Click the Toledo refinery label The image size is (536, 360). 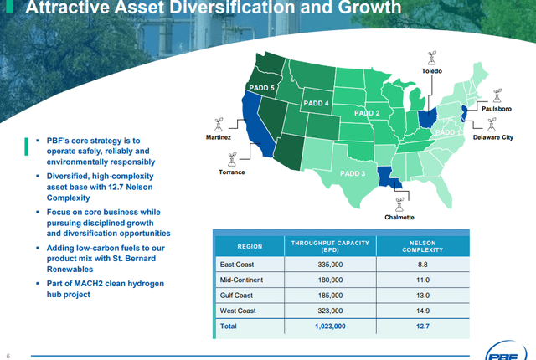[x=431, y=72]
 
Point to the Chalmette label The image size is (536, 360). [x=399, y=216]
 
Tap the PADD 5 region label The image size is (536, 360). [x=262, y=87]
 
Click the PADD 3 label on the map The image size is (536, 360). [x=353, y=173]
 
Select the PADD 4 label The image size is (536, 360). [x=316, y=103]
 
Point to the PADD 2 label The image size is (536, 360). [x=367, y=112]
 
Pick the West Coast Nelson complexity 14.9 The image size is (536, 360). [x=422, y=310]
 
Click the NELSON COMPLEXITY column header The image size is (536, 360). [x=422, y=246]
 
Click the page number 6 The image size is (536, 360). [x=7, y=352]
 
